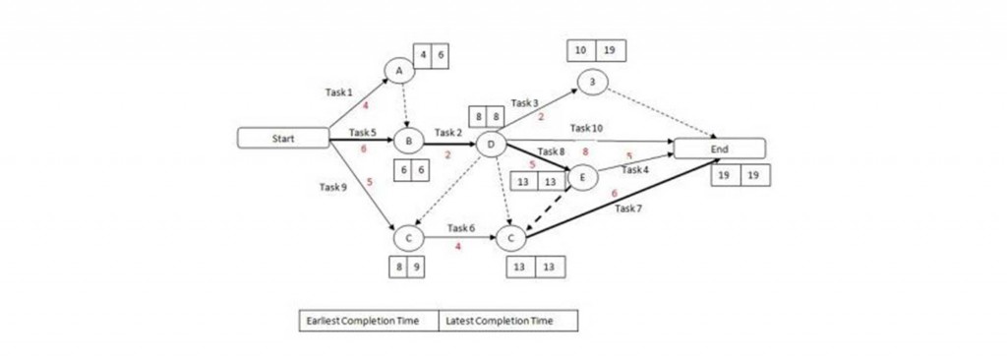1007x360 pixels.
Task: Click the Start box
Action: (283, 139)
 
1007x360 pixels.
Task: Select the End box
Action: (718, 148)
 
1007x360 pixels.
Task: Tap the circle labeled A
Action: (398, 71)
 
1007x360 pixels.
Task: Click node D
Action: (490, 145)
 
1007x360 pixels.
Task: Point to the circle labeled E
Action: (582, 177)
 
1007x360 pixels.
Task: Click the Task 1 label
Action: (338, 91)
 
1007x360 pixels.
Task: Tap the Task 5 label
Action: (362, 132)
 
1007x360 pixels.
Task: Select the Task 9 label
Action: (333, 185)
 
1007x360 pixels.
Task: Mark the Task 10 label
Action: (586, 128)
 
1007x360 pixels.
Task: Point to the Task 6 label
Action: (460, 227)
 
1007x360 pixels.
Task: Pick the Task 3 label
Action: (524, 102)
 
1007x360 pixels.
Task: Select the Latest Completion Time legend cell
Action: (507, 321)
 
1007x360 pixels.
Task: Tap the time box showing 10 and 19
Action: (596, 50)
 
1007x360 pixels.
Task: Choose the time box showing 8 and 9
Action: (407, 266)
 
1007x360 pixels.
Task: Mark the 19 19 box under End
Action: (740, 175)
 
